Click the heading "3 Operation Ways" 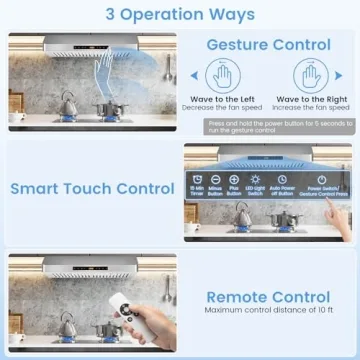coord(180,14)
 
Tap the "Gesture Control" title coord(267,45)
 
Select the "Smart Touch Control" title coord(91,188)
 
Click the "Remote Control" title coord(267,297)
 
